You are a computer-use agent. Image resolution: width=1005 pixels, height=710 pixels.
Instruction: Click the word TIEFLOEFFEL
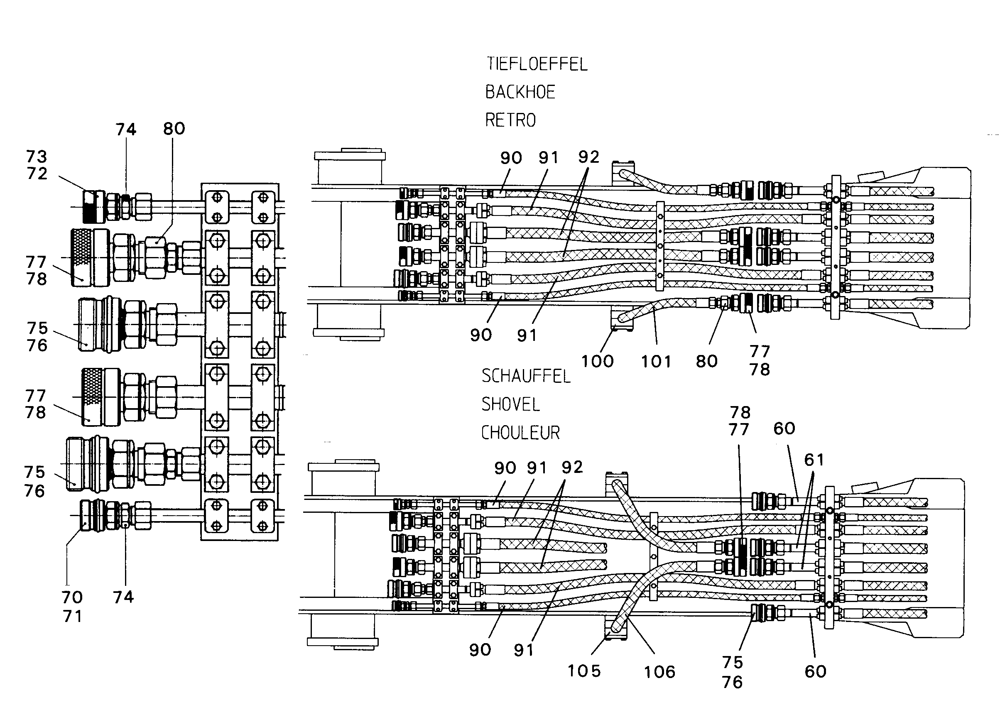pos(537,64)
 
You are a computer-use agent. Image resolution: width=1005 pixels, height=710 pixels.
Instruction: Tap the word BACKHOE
pos(520,92)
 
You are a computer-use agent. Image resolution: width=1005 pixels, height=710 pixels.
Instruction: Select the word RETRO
pos(510,120)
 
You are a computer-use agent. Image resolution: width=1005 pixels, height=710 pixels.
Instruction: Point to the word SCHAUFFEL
pos(526,376)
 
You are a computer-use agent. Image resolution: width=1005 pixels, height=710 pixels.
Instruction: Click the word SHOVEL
pos(510,404)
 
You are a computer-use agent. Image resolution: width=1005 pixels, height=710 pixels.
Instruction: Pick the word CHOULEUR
pos(520,433)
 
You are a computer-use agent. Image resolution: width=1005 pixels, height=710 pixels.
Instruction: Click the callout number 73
pos(36,156)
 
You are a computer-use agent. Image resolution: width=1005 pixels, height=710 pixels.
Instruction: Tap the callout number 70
pos(72,597)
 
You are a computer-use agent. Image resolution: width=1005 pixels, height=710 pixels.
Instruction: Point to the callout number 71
pos(73,616)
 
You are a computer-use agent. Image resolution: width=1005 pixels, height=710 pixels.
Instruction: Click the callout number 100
pos(598,361)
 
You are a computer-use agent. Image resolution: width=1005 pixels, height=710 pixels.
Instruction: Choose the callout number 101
pos(656,362)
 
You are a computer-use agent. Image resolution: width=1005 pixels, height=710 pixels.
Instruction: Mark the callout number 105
pos(584,671)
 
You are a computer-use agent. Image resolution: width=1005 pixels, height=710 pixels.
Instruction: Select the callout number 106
pos(659,672)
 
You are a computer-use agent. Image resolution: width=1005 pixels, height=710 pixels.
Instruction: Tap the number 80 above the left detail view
pos(174,129)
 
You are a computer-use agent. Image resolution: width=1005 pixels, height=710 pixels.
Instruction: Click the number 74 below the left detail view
pos(123,597)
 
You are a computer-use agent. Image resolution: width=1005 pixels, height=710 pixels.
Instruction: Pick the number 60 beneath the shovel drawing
pos(816,671)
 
